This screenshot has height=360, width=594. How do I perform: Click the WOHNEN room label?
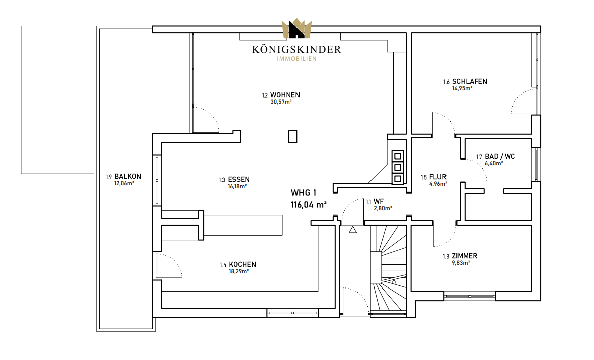[285, 95]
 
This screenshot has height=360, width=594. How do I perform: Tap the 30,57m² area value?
[281, 102]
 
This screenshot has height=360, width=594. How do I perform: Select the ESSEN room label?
[239, 180]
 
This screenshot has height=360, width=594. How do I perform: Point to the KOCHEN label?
[243, 264]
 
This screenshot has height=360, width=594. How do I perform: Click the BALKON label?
[128, 176]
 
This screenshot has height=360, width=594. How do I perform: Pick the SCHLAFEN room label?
[469, 81]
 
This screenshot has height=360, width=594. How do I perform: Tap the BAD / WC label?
[500, 156]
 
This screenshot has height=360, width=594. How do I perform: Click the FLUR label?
[438, 177]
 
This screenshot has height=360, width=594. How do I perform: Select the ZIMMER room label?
[465, 256]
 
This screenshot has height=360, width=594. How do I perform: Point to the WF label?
[379, 201]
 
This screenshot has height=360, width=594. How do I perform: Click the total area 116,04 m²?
[309, 205]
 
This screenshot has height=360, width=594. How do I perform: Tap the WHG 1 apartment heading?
[304, 193]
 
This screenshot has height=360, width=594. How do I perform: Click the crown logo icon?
[296, 29]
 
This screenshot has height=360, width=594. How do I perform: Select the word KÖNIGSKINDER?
[296, 49]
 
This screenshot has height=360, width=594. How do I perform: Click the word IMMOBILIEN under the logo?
[296, 59]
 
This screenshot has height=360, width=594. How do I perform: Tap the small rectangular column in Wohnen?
[292, 136]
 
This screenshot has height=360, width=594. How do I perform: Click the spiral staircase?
[388, 268]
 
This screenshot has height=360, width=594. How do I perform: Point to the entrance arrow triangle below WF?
[353, 229]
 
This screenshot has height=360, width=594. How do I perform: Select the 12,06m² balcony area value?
[124, 183]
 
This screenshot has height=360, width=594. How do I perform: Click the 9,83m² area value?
[461, 263]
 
